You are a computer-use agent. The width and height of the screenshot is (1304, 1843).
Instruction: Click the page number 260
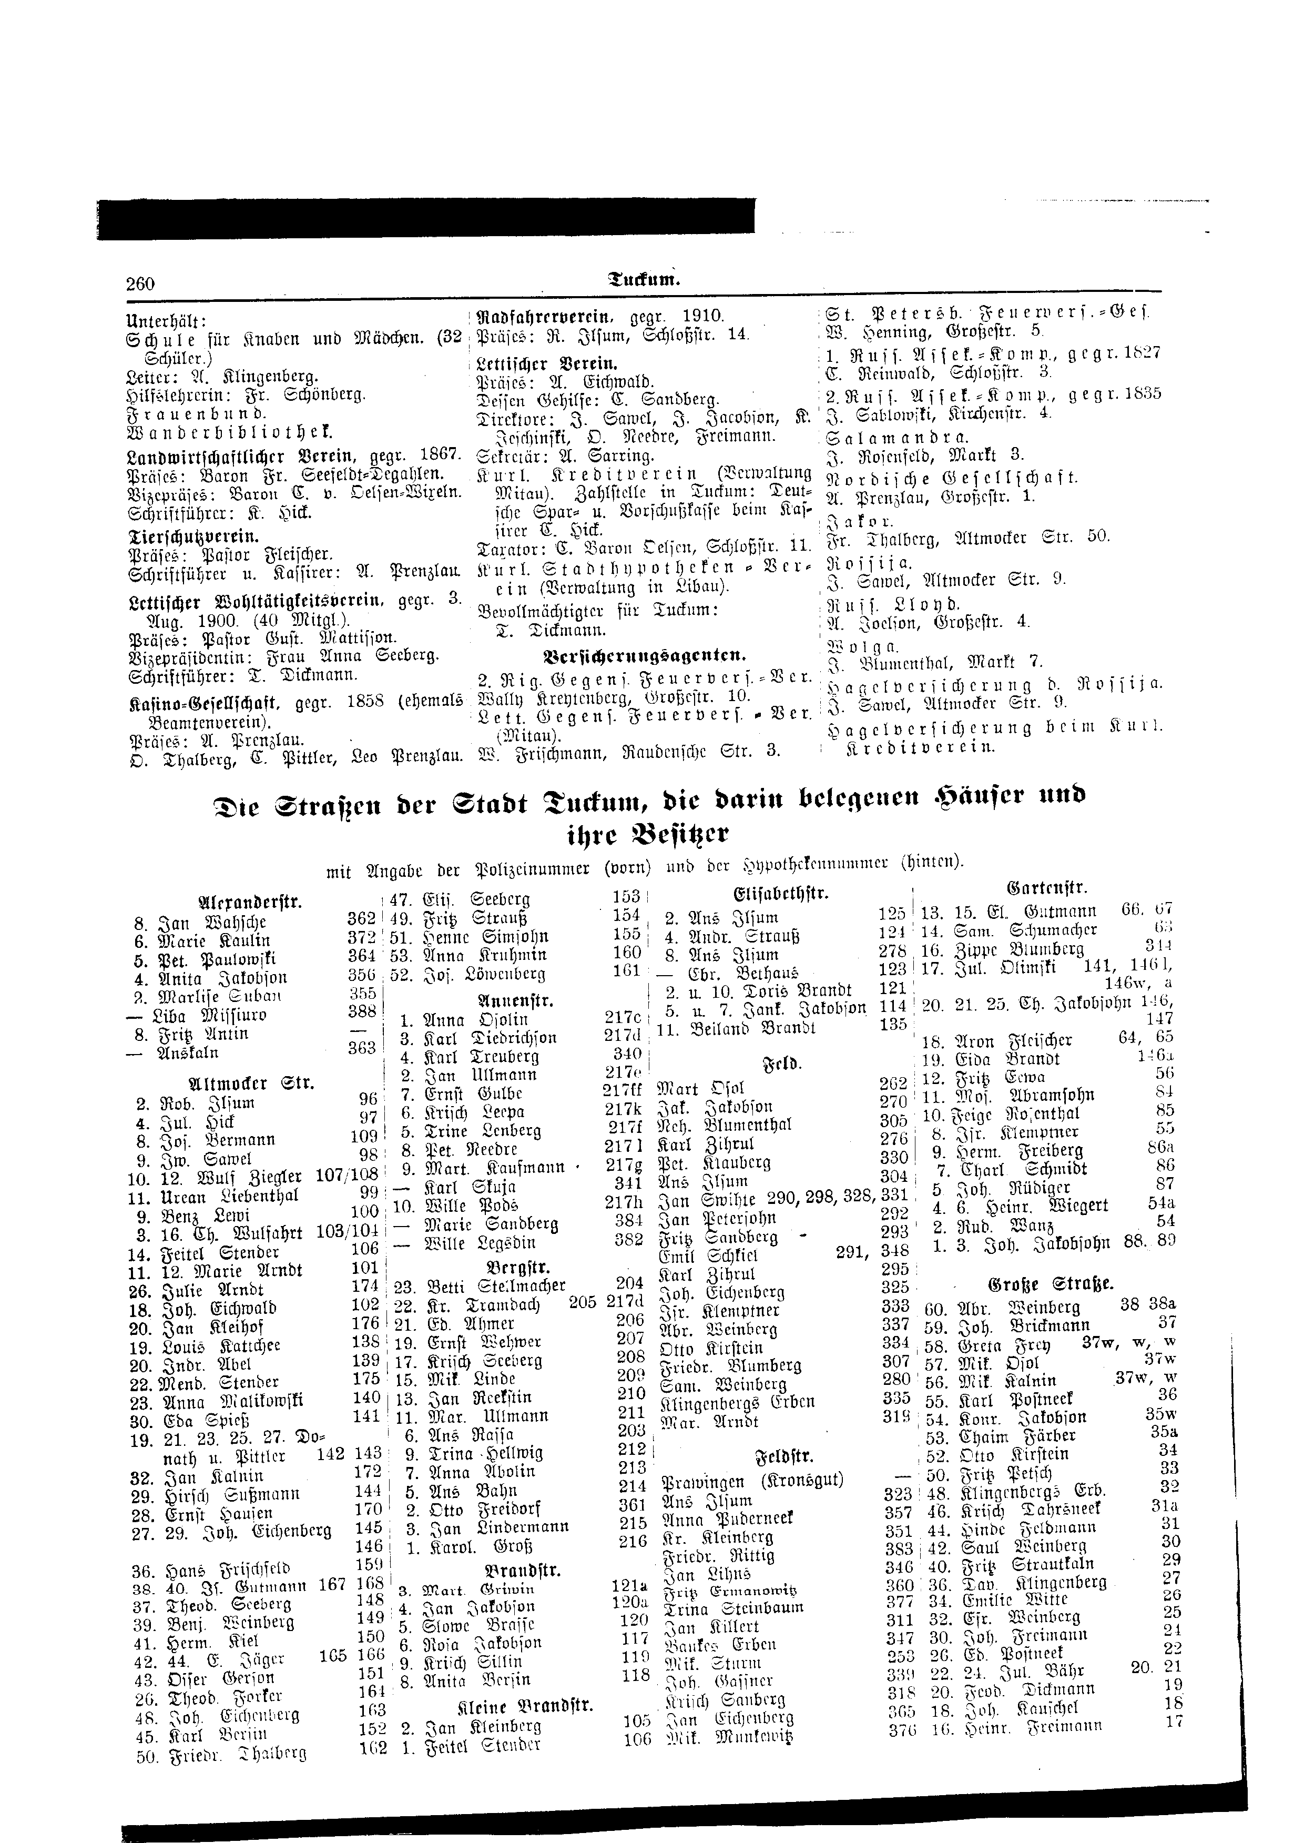(x=140, y=283)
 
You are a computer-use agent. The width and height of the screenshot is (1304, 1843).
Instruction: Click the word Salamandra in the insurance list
(x=898, y=438)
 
